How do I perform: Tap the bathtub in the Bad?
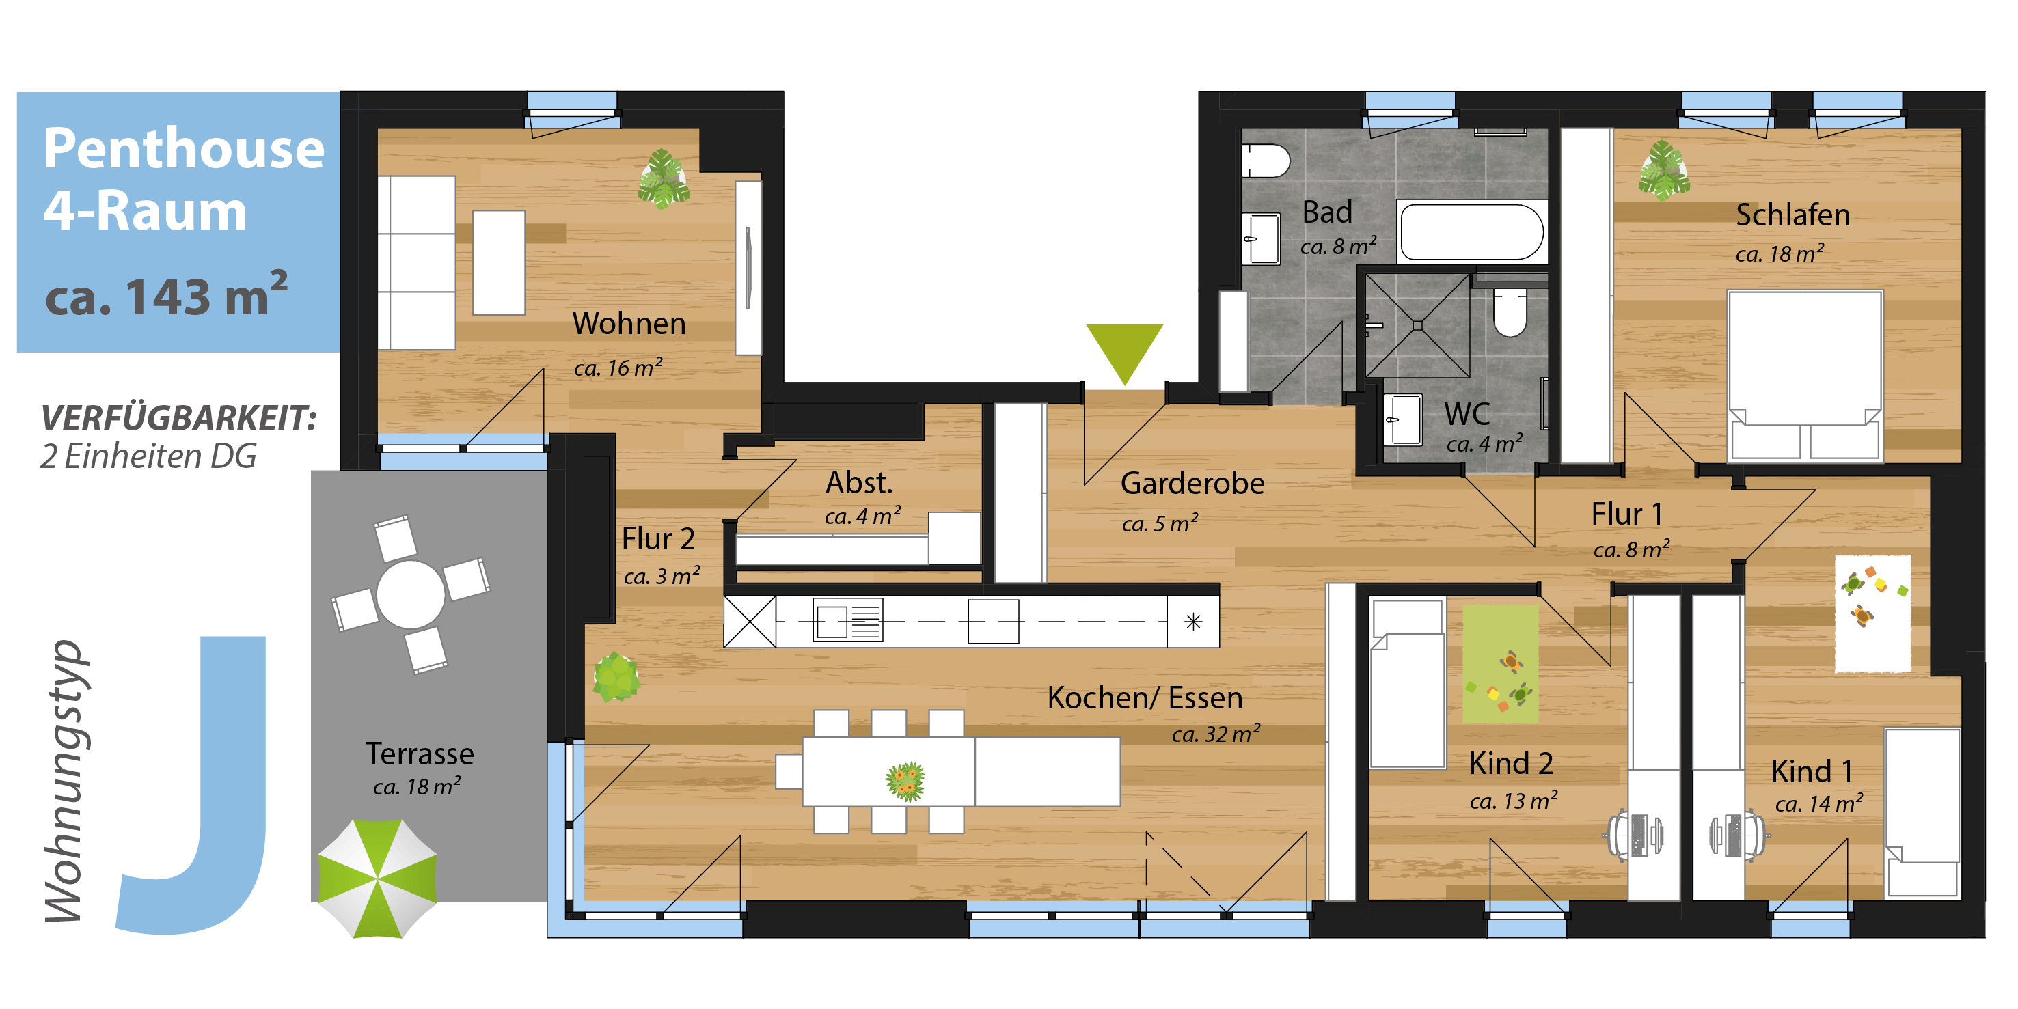(1472, 232)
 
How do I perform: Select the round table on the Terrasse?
(411, 594)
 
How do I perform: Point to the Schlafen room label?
(1792, 215)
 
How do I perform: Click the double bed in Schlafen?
(1805, 375)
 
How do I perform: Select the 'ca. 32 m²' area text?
(1216, 733)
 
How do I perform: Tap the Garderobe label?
(1192, 484)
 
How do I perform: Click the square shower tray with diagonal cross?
(1418, 325)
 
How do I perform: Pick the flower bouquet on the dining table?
(905, 781)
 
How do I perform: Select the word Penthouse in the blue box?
(184, 148)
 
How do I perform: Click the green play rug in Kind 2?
(1500, 664)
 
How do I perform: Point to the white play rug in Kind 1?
(1872, 613)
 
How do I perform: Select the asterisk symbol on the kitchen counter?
(1193, 622)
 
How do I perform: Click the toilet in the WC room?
(1510, 312)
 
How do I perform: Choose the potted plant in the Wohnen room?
(664, 178)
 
